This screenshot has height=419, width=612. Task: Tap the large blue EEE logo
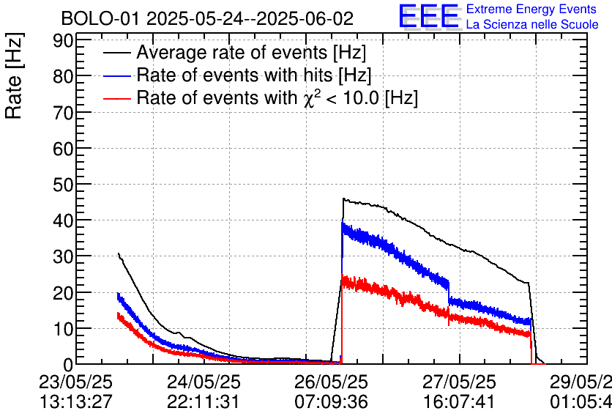coord(428,16)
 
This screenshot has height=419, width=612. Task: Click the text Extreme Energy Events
coord(531,10)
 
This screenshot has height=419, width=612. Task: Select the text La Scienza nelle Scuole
coord(531,24)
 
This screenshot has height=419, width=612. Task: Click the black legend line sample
coord(117,53)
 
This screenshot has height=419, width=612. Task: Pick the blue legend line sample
coord(117,75)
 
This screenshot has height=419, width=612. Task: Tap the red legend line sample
coord(117,97)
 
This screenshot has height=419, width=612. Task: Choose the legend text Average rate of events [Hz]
coord(251,53)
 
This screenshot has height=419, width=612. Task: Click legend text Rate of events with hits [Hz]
coord(253,75)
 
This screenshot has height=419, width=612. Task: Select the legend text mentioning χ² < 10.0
coord(277,97)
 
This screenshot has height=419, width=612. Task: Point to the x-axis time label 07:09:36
coord(332,402)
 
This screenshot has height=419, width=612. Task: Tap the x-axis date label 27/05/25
coord(460,382)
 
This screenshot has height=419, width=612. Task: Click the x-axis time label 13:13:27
coord(75,402)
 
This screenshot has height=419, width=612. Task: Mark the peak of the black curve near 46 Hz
coord(343,199)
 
